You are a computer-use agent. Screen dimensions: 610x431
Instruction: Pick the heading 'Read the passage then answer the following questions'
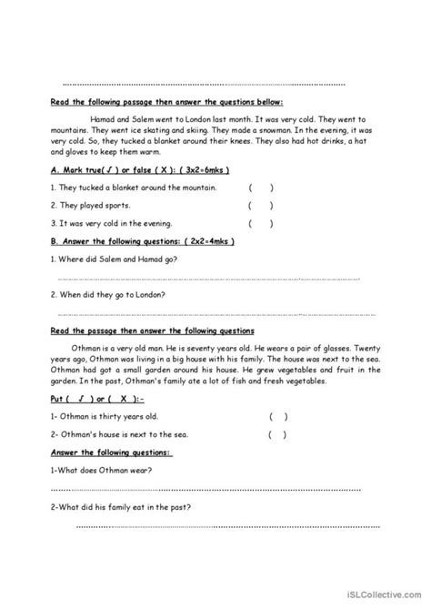(152, 330)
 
